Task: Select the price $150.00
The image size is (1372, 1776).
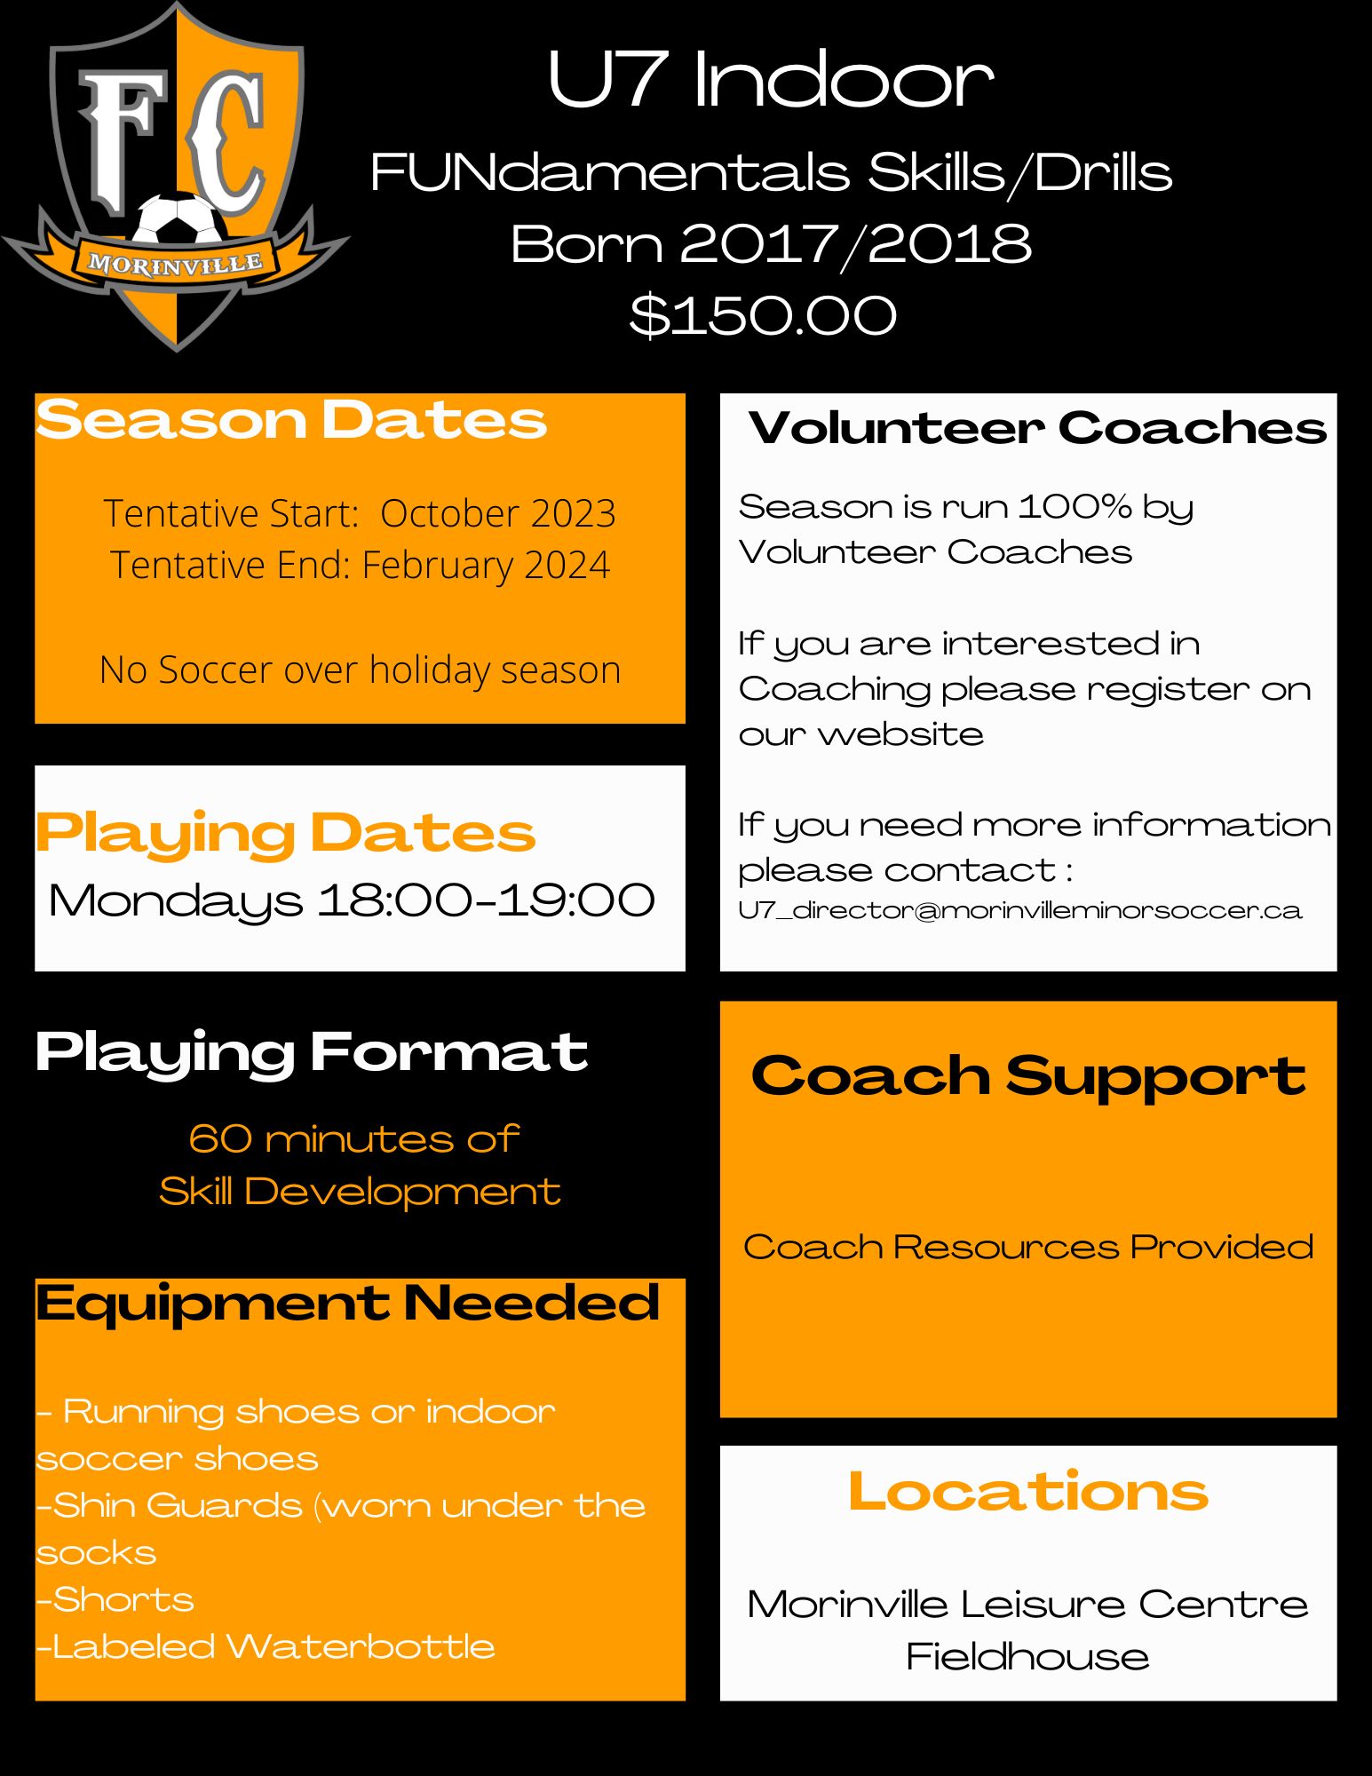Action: pos(763,315)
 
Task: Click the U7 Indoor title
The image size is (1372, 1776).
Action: pos(770,80)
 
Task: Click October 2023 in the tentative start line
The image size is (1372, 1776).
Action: pos(498,513)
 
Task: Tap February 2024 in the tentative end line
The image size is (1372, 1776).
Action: pos(486,565)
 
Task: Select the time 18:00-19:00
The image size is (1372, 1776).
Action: pos(487,900)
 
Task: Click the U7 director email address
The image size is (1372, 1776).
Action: pos(1020,911)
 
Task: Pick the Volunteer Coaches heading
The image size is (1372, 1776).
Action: pos(1037,428)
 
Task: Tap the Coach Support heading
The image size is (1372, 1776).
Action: pos(1028,1076)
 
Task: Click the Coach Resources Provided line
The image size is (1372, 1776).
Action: pos(1028,1247)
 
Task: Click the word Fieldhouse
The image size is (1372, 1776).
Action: pos(1027,1657)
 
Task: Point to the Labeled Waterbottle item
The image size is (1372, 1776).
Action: pos(266,1646)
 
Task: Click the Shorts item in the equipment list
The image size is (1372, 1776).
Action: pos(115,1599)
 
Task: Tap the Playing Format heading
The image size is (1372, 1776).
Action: pos(312,1054)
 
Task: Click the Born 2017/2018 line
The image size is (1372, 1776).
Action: pos(771,244)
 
